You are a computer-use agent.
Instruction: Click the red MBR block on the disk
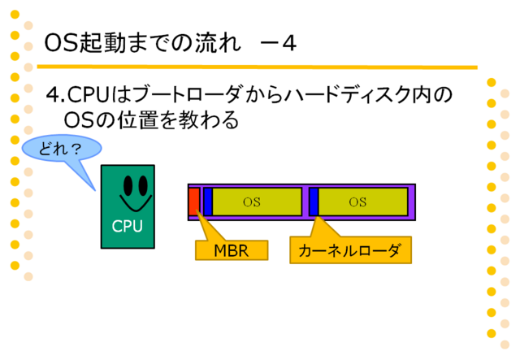(x=194, y=202)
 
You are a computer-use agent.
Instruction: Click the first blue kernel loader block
(x=208, y=202)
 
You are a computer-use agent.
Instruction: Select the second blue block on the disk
(x=314, y=202)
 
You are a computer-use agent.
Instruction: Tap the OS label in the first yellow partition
(x=252, y=202)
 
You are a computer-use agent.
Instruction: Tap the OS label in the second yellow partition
(x=357, y=202)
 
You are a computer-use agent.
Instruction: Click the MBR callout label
(x=232, y=250)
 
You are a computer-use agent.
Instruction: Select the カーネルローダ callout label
(x=350, y=250)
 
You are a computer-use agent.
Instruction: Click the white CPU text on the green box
(x=128, y=227)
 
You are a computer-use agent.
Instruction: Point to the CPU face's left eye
(x=128, y=185)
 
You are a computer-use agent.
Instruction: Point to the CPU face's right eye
(x=143, y=185)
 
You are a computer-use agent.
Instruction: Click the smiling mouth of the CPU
(x=136, y=205)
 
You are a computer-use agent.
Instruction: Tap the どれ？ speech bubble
(x=62, y=149)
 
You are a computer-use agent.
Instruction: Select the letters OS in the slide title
(x=61, y=43)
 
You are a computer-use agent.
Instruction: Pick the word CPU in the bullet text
(x=89, y=95)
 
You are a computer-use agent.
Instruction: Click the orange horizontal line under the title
(x=257, y=67)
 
